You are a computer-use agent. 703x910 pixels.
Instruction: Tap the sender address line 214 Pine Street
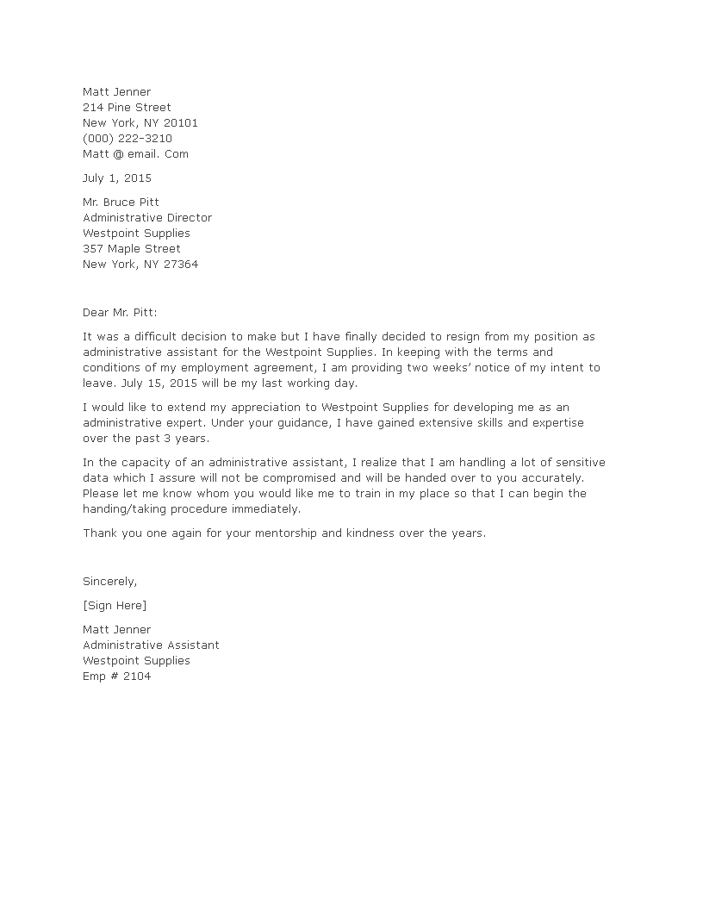coord(127,107)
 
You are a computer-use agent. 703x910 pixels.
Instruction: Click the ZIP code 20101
coord(180,122)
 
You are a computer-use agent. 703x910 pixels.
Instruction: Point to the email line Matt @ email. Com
coord(135,153)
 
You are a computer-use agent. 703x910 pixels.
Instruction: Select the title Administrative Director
coord(147,218)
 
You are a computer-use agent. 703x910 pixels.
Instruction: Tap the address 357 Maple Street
coord(132,249)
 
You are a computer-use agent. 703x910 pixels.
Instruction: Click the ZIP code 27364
coord(180,265)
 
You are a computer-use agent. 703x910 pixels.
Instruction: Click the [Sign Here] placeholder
coord(115,606)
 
